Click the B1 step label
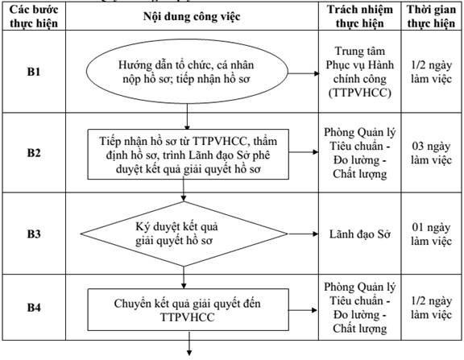click(34, 72)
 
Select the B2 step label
click(34, 153)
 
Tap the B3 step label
click(34, 234)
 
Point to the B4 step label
click(34, 308)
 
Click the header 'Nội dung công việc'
click(192, 17)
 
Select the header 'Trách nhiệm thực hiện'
click(360, 16)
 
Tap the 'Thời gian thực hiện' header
click(431, 16)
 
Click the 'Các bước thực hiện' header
click(34, 16)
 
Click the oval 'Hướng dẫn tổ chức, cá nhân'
click(187, 72)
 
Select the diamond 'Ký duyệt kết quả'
click(184, 234)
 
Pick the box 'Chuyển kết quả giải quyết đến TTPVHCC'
click(188, 310)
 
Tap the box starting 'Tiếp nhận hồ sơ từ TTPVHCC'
click(188, 154)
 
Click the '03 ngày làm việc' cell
click(431, 153)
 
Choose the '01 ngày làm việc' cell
click(431, 234)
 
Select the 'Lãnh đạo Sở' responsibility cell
click(360, 234)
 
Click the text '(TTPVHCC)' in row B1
click(360, 93)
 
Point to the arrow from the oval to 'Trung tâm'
click(304, 73)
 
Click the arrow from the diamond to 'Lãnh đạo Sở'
click(303, 234)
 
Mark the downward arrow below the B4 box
click(189, 343)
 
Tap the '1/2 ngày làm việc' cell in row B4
click(431, 308)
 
